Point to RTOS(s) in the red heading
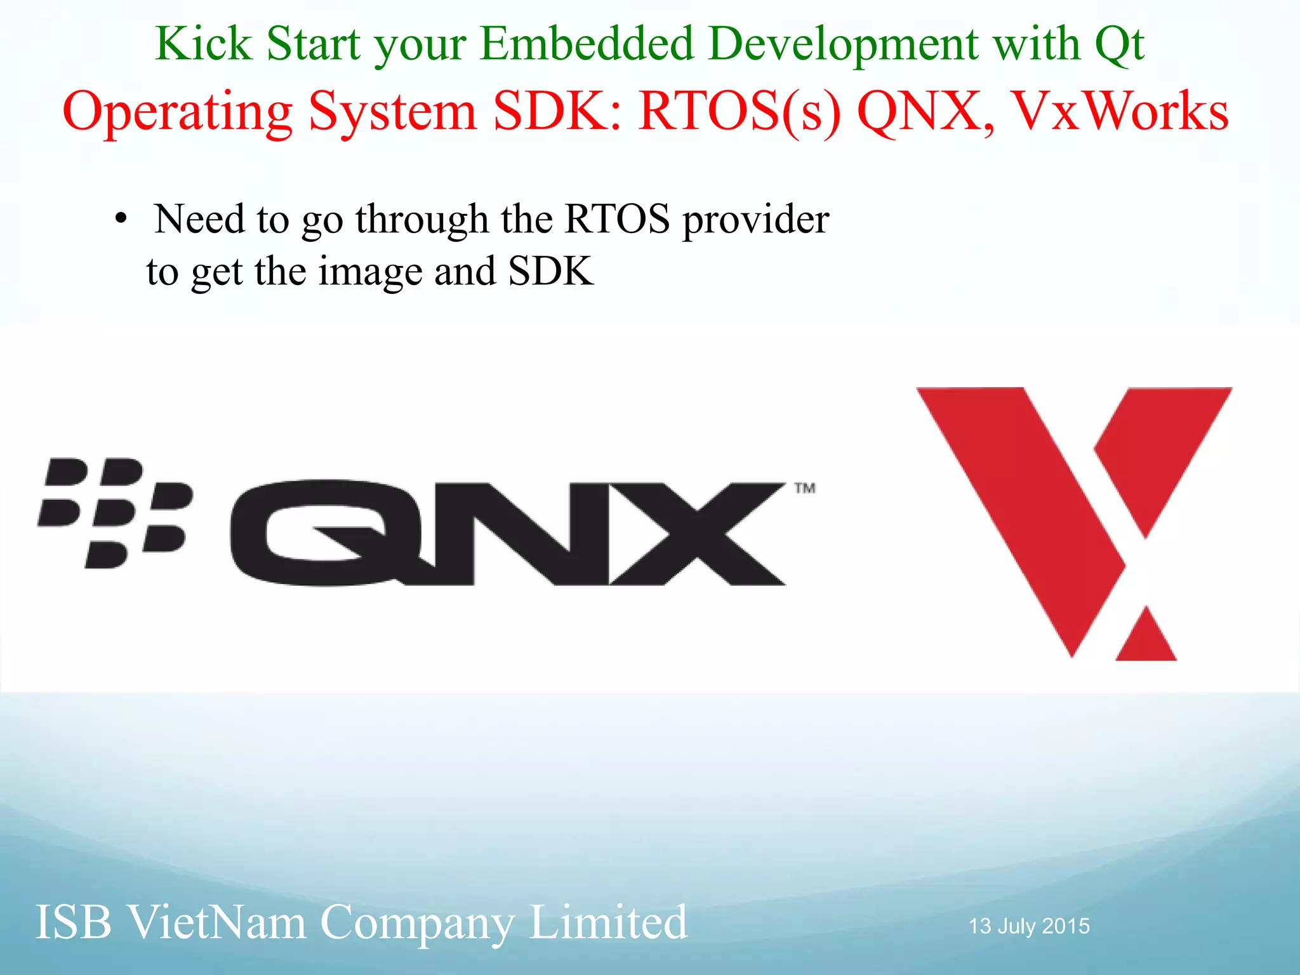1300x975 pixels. point(740,112)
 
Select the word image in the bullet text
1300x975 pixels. point(370,272)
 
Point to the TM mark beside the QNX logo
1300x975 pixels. point(805,488)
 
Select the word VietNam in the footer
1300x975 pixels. point(216,922)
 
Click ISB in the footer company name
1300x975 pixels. point(74,922)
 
